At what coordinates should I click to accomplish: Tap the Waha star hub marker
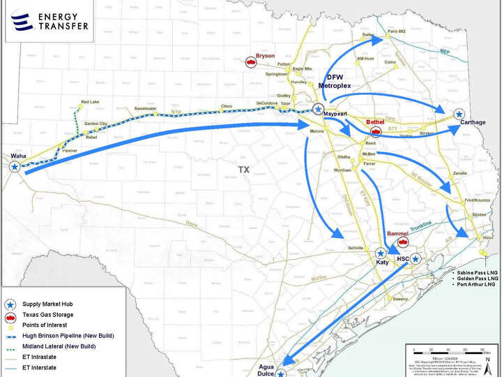pyautogui.click(x=15, y=166)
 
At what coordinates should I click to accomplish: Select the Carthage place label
pyautogui.click(x=473, y=122)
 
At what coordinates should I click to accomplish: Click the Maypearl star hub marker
pyautogui.click(x=318, y=109)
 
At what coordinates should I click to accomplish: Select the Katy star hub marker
pyautogui.click(x=381, y=253)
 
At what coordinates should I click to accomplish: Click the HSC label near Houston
pyautogui.click(x=402, y=259)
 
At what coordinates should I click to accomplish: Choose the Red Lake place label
pyautogui.click(x=90, y=102)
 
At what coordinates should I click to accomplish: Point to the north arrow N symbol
pyautogui.click(x=492, y=359)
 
